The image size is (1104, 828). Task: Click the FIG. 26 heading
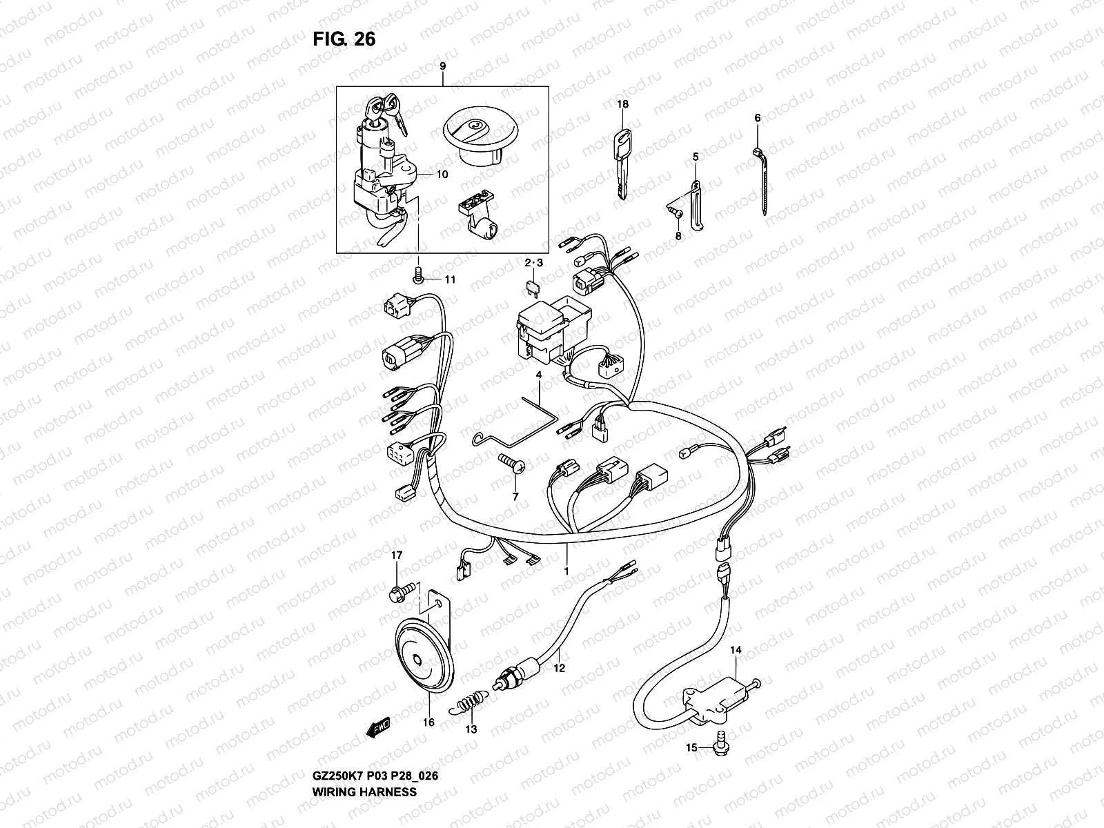tap(344, 39)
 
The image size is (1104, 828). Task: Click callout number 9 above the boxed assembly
tap(442, 66)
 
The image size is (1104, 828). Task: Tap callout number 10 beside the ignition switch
tap(442, 175)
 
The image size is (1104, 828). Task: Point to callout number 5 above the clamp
tap(696, 157)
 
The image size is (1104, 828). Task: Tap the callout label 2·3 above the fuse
tap(534, 263)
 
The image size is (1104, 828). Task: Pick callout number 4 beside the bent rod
tap(540, 375)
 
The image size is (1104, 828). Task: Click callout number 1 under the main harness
tap(566, 571)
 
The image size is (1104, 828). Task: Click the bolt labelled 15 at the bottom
tap(721, 747)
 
